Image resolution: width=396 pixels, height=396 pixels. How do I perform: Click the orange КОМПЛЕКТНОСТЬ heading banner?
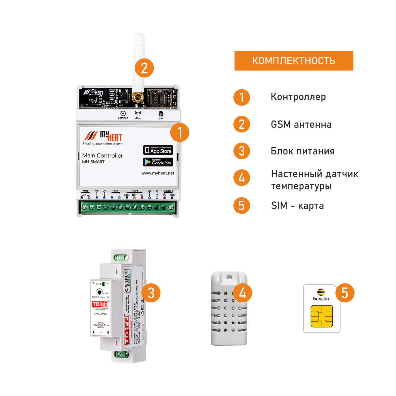pyautogui.click(x=294, y=61)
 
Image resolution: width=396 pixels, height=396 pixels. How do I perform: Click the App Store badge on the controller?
pyautogui.click(x=158, y=150)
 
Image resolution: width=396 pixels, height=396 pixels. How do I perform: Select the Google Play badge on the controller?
pyautogui.click(x=158, y=162)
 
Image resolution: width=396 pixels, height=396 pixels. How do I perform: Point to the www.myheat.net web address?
pyautogui.click(x=158, y=173)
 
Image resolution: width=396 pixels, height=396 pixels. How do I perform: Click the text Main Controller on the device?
pyautogui.click(x=102, y=156)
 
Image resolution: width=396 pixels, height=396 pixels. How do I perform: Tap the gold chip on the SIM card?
pyautogui.click(x=322, y=316)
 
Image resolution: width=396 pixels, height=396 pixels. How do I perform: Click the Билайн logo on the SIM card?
pyautogui.click(x=321, y=295)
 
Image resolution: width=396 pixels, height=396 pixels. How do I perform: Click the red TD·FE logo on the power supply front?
pyautogui.click(x=100, y=304)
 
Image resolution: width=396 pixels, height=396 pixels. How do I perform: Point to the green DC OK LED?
pyautogui.click(x=104, y=283)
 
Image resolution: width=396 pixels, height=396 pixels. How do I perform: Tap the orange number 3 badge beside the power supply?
pyautogui.click(x=151, y=293)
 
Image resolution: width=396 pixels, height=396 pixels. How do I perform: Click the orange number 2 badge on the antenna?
pyautogui.click(x=144, y=68)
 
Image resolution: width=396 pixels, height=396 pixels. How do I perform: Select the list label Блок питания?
pyautogui.click(x=302, y=151)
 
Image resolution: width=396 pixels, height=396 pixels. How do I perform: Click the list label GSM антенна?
pyautogui.click(x=301, y=124)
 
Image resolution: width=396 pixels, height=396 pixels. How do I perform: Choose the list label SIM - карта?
pyautogui.click(x=297, y=206)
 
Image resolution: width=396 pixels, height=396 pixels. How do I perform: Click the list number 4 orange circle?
pyautogui.click(x=242, y=178)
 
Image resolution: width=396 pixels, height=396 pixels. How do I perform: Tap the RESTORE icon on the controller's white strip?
pyautogui.click(x=123, y=114)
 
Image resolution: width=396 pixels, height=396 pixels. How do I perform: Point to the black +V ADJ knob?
pyautogui.click(x=99, y=291)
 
